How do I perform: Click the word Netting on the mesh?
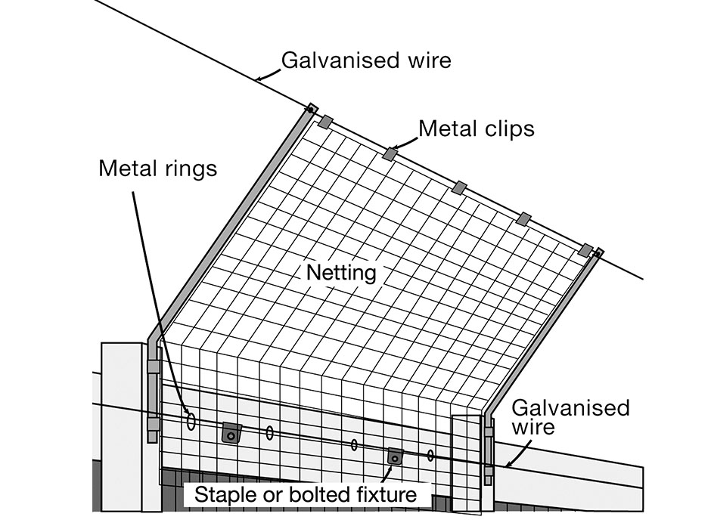click(340, 271)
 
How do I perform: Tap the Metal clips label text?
click(477, 128)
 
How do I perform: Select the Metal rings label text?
click(157, 168)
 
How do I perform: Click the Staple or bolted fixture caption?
click(306, 495)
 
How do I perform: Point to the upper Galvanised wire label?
click(366, 60)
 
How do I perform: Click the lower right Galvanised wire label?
click(570, 417)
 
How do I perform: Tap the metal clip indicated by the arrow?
click(390, 154)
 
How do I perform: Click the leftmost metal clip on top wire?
click(325, 122)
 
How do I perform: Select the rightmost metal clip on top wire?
click(585, 249)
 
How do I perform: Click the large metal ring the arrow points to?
click(191, 421)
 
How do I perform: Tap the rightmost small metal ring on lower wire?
click(430, 455)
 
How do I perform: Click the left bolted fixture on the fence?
click(231, 433)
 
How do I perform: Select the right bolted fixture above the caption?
click(395, 456)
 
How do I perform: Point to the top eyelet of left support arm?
click(311, 109)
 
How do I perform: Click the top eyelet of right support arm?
click(598, 253)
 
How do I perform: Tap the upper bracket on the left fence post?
click(154, 367)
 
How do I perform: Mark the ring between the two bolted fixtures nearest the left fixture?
click(270, 432)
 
